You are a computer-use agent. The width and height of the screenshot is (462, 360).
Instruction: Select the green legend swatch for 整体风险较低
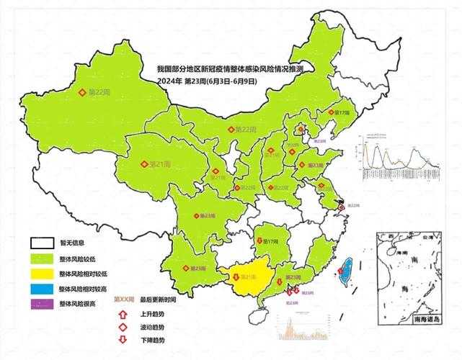pos(43,258)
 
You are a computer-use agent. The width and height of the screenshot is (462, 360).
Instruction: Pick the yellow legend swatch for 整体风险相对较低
pos(43,273)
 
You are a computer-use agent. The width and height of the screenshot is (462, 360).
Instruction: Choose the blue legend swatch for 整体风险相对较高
pos(43,288)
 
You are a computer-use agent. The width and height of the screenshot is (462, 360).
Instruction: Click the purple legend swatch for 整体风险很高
pos(43,303)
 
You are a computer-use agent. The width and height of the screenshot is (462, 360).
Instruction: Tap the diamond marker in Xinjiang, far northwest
pos(82,92)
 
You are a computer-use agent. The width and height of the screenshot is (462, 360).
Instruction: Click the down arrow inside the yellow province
pos(236,276)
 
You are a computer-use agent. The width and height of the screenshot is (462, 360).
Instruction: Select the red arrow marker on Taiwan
pos(340,271)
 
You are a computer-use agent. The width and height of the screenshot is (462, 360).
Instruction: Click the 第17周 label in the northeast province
pos(341,113)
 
